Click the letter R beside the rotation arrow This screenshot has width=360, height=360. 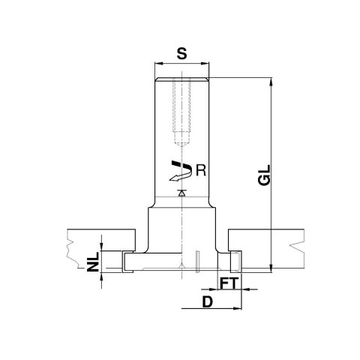(x=199, y=169)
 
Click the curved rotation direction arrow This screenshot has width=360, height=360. (x=178, y=172)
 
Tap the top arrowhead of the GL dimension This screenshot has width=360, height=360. (x=268, y=79)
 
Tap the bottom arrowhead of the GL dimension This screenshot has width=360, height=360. (x=268, y=266)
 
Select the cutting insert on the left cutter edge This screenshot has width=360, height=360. (x=123, y=261)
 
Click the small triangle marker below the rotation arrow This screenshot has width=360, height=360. (x=181, y=193)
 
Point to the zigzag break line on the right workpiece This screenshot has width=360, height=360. (x=297, y=244)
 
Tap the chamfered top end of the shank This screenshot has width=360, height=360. (x=181, y=79)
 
